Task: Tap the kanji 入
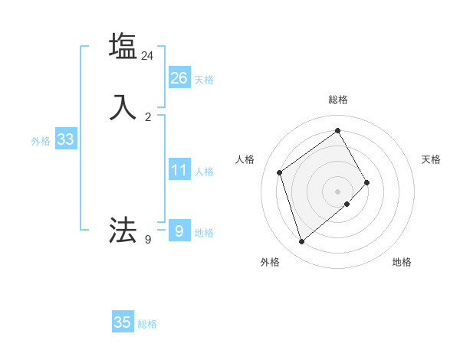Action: tap(123, 107)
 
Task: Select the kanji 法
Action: tap(123, 230)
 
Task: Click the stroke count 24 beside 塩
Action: tap(147, 56)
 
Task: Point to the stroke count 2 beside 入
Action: tap(148, 116)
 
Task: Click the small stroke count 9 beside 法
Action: tap(148, 240)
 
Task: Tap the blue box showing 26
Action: tap(179, 77)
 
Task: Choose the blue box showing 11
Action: tap(179, 170)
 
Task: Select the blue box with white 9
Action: tap(179, 230)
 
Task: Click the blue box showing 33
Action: tap(65, 139)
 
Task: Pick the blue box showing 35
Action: tap(122, 322)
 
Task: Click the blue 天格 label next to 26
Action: tap(204, 80)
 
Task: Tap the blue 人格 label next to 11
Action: tap(204, 172)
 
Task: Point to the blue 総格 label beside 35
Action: tap(147, 325)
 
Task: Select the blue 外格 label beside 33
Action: tap(41, 142)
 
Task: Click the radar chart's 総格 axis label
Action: tap(338, 100)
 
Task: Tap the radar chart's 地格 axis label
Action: tap(402, 263)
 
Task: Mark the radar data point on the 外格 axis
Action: tap(301, 242)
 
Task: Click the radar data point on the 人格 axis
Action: tap(280, 172)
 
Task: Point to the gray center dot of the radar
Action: tap(338, 191)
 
